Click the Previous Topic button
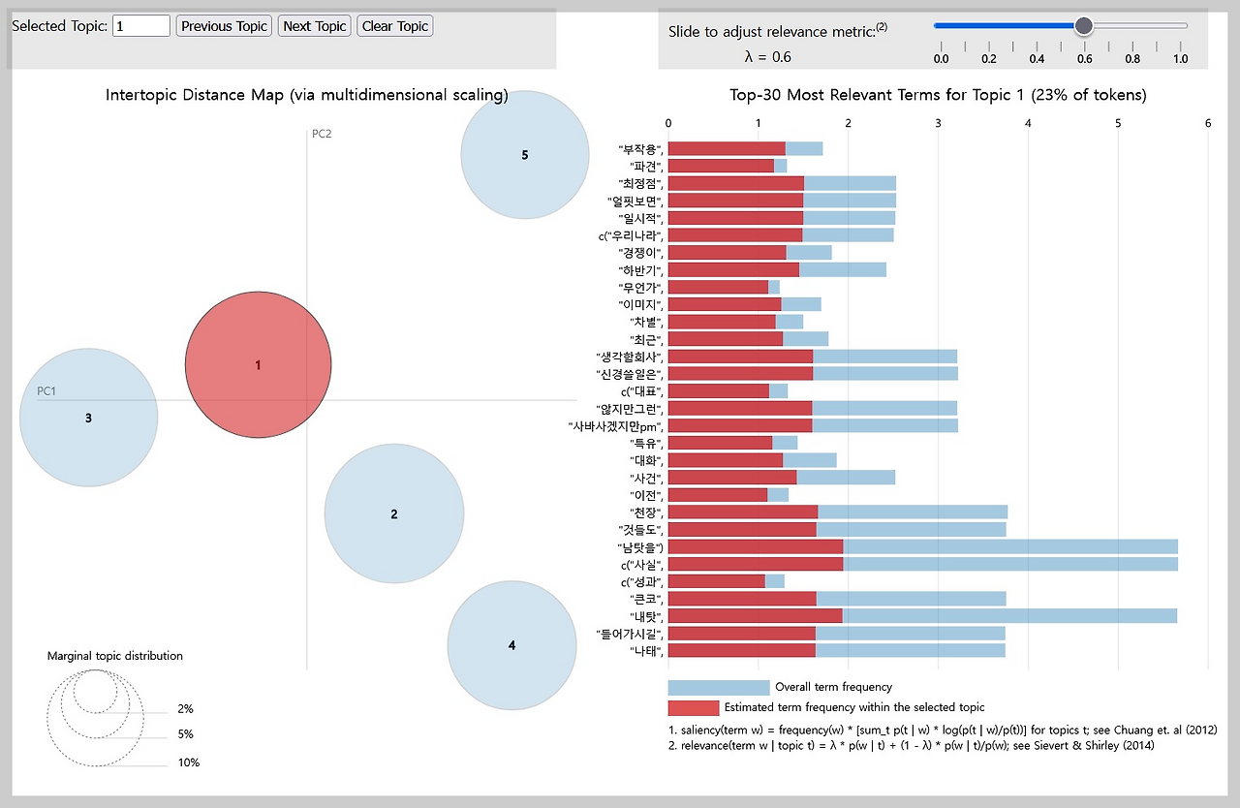[224, 26]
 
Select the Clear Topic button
[394, 26]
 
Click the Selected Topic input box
[141, 26]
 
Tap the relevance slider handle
[1084, 26]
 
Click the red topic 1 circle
[258, 365]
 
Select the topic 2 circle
[394, 513]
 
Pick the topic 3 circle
[88, 418]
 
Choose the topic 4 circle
[511, 645]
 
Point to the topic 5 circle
[524, 154]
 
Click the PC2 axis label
[322, 134]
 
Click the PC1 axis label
[46, 391]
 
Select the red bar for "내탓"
[755, 615]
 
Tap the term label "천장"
[644, 511]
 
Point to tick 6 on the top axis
[1207, 122]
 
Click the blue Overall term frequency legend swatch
[718, 688]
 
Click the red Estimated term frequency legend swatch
[693, 708]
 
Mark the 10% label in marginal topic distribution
[188, 762]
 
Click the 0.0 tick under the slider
[941, 59]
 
